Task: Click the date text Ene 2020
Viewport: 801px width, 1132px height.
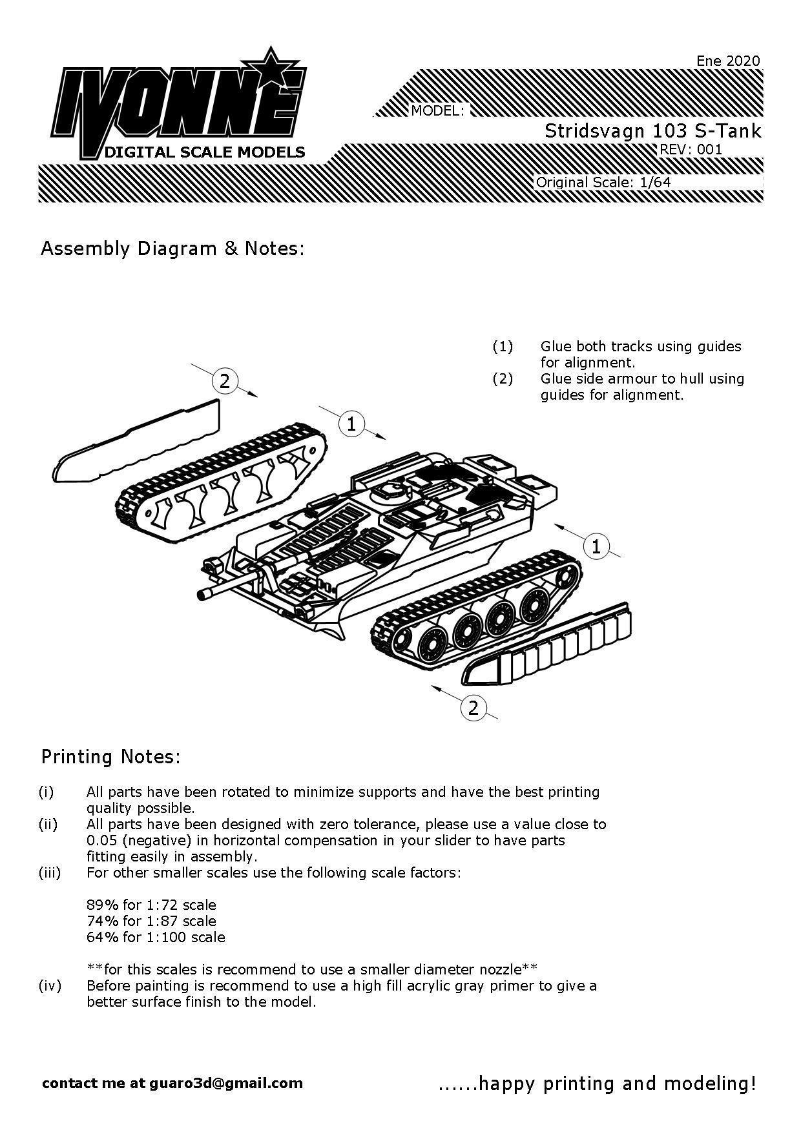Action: tap(728, 61)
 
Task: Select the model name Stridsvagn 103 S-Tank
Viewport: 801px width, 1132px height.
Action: tap(652, 131)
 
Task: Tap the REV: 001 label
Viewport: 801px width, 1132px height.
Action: tap(690, 150)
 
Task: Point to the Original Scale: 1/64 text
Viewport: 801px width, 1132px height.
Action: tap(603, 182)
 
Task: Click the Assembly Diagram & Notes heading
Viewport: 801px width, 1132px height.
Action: tap(172, 249)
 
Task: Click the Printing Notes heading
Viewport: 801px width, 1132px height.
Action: tap(111, 756)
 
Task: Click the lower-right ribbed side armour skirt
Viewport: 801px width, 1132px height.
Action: tap(549, 646)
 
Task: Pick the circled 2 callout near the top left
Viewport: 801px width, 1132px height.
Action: tap(224, 381)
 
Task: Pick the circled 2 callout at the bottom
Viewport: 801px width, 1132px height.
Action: tap(473, 708)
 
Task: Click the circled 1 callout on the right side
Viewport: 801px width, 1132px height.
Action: tap(596, 546)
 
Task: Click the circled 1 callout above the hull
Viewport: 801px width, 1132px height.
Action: tap(351, 424)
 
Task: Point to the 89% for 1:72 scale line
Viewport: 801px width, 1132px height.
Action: tap(151, 905)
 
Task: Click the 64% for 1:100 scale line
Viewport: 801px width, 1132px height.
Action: tap(156, 937)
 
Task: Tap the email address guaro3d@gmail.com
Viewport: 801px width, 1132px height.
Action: tap(225, 1083)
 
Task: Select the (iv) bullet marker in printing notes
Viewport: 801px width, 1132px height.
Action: tap(50, 985)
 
